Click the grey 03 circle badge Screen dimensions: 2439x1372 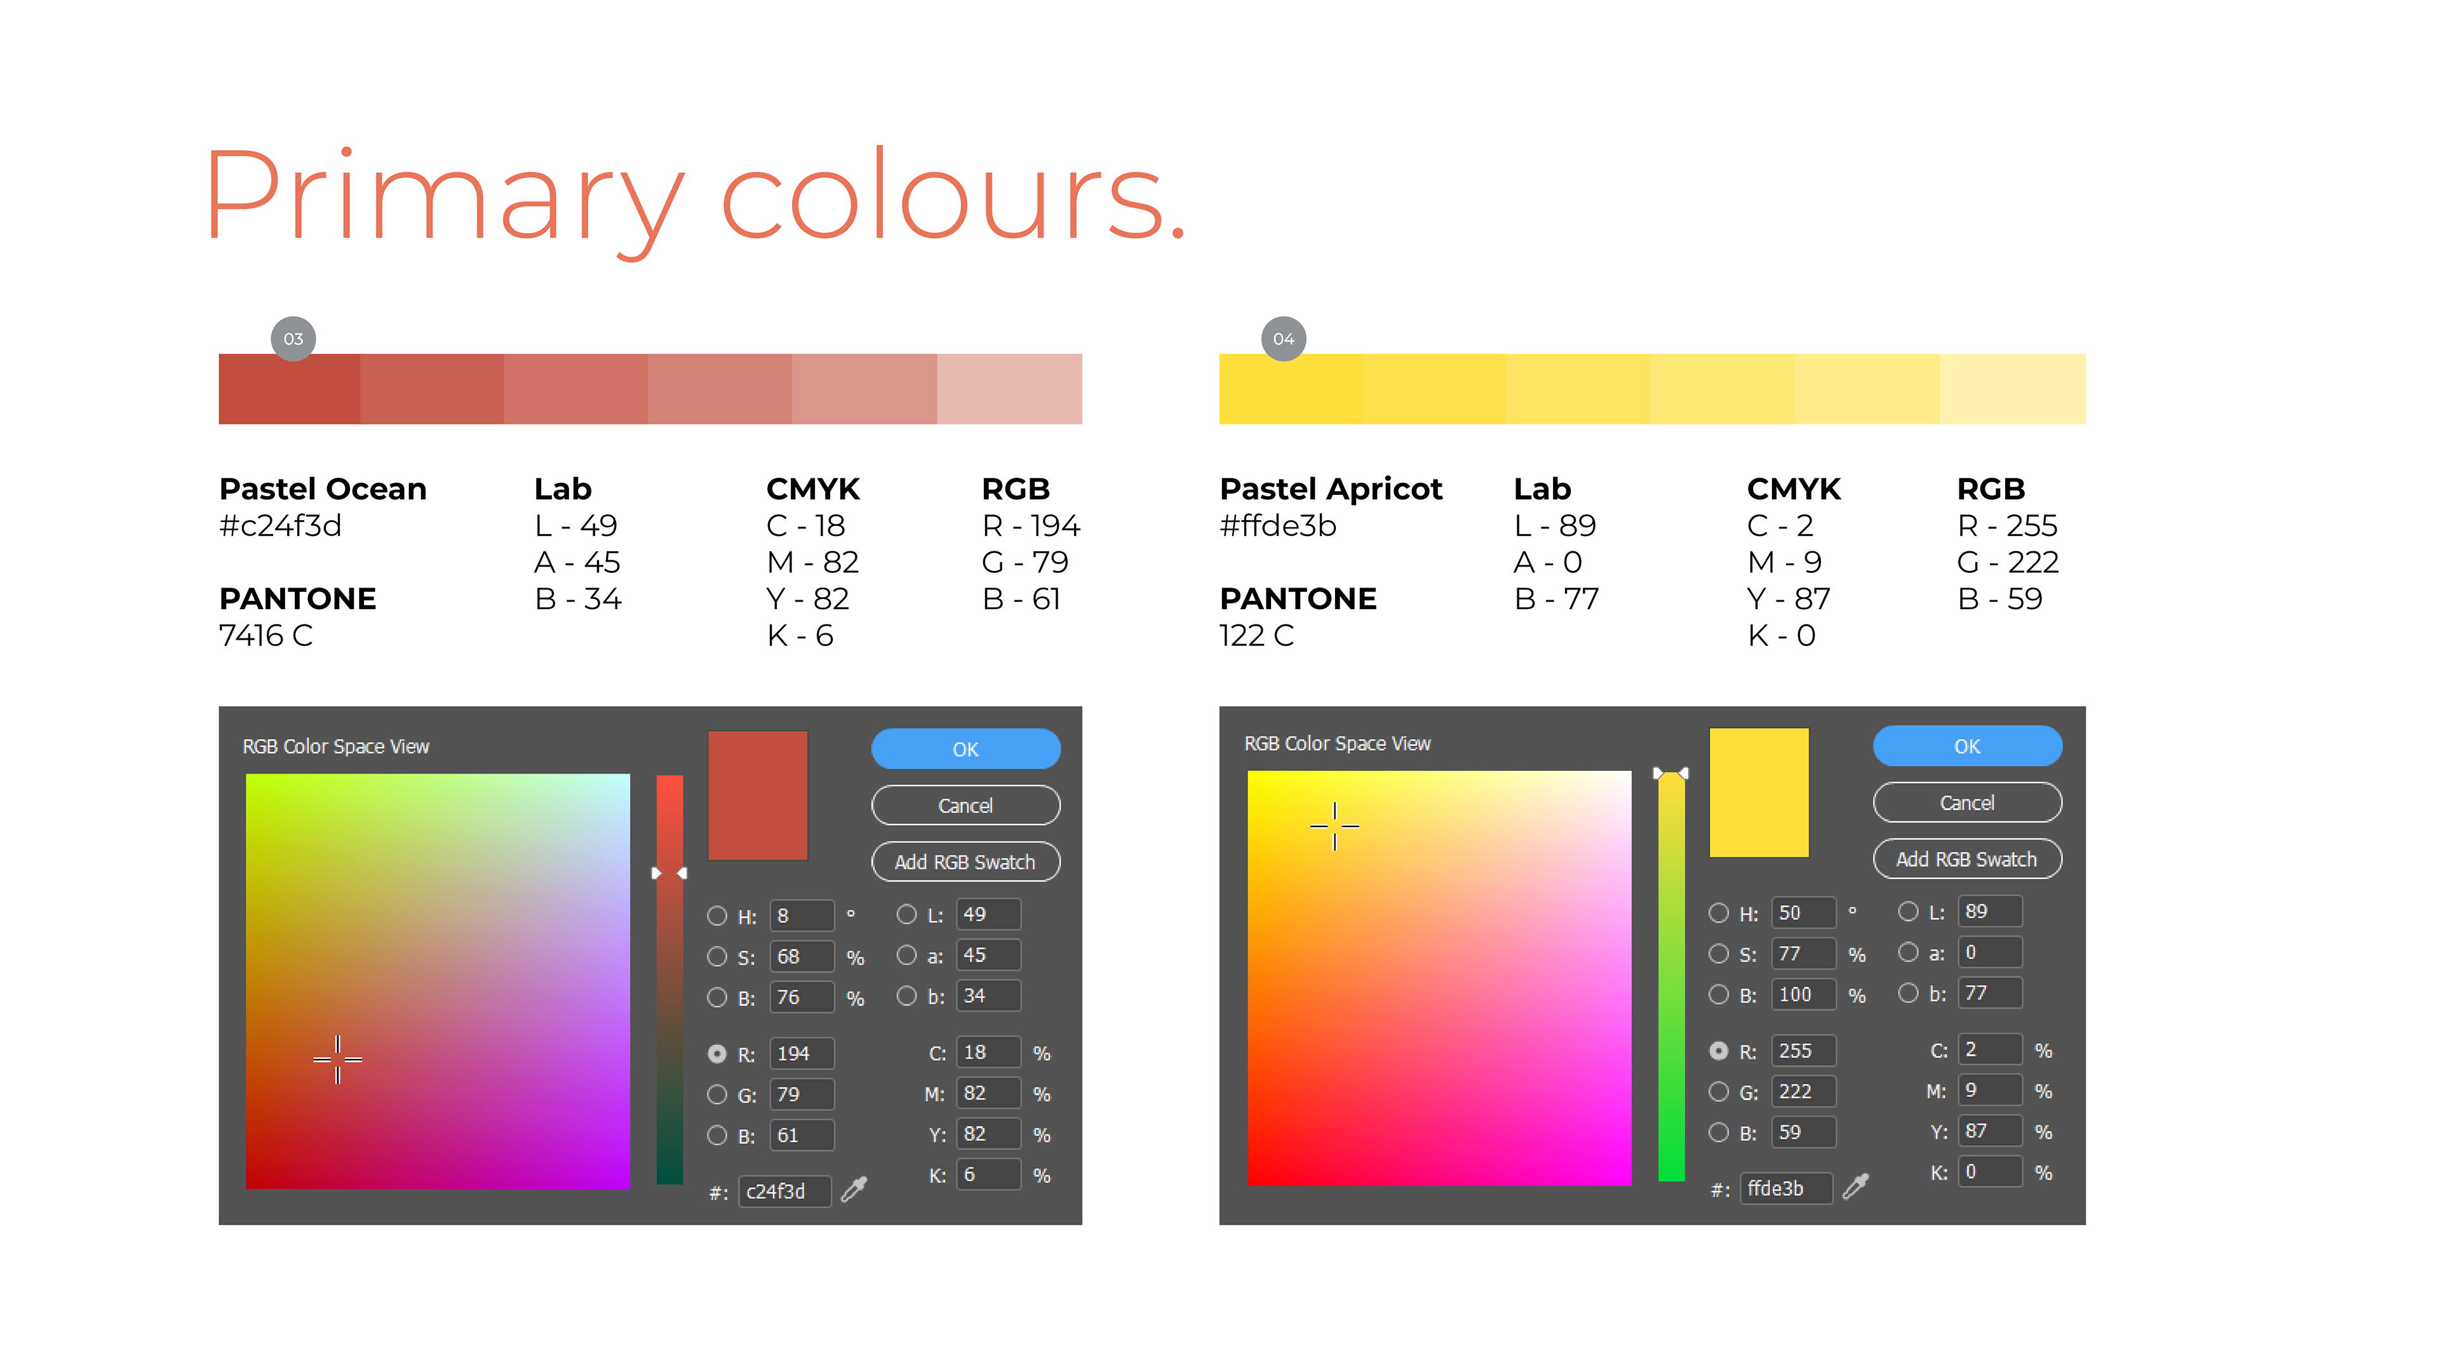pos(293,339)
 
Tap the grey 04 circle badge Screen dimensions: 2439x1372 pos(1284,339)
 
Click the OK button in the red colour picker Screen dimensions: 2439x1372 pos(965,749)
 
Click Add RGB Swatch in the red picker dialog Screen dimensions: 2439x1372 pos(965,862)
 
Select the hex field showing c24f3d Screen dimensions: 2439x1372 pos(784,1191)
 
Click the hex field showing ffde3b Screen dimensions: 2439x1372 pos(1785,1188)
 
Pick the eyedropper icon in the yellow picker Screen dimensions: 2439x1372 pos(1856,1187)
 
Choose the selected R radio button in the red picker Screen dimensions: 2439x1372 pos(716,1054)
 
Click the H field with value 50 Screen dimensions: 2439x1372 pos(1803,913)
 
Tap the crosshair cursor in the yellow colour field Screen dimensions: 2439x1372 pos(1335,826)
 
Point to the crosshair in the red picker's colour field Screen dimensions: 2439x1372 pos(338,1059)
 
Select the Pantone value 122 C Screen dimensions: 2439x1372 pos(1256,635)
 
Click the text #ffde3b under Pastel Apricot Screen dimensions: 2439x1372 pos(1278,525)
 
